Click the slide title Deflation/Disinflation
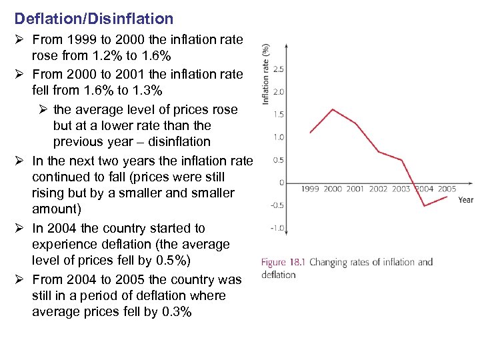[93, 19]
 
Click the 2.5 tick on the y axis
[279, 69]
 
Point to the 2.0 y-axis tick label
[279, 91]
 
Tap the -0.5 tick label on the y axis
[277, 205]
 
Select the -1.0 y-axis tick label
[277, 227]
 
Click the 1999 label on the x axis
[310, 189]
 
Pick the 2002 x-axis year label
[378, 189]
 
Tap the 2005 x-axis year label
[447, 189]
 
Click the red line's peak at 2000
[333, 109]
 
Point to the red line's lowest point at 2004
[424, 206]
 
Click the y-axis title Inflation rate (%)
[266, 73]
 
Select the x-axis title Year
[466, 199]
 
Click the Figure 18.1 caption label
[283, 262]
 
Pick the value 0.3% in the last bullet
[177, 311]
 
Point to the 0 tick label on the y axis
[282, 182]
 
